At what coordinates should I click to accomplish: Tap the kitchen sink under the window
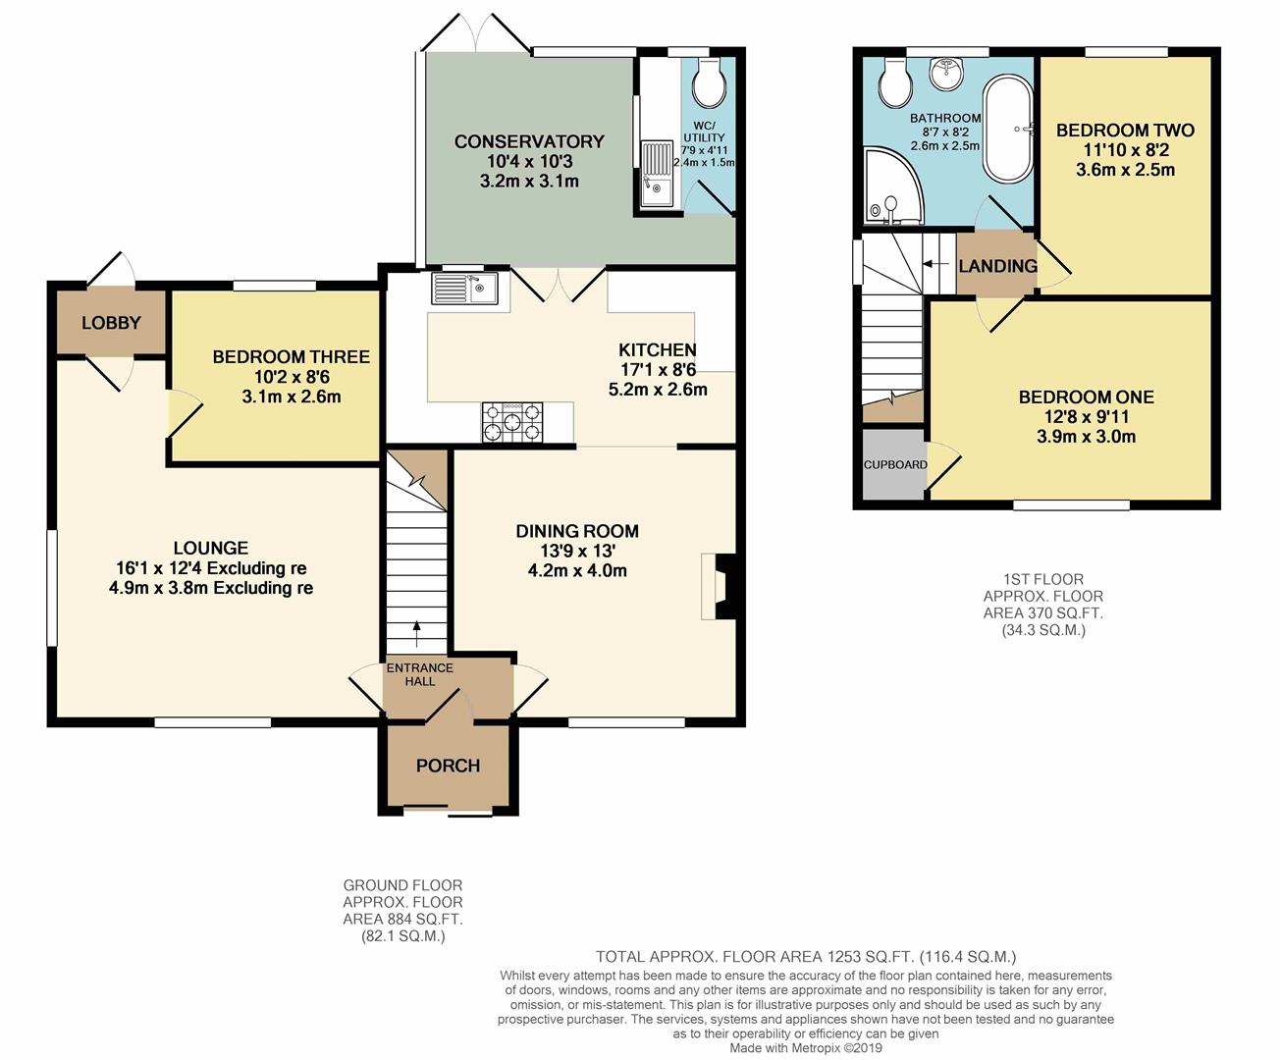point(464,289)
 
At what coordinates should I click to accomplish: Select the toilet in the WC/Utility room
point(708,82)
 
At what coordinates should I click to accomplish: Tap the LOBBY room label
point(111,323)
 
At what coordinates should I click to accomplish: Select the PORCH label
point(448,766)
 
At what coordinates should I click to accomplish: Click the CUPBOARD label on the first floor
point(894,464)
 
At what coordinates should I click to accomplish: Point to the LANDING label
point(997,266)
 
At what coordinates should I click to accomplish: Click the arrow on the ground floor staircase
point(416,633)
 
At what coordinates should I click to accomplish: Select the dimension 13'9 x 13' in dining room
point(577,551)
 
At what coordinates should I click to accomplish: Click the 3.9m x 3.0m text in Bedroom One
point(1086,437)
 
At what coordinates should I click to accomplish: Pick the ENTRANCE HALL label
point(419,674)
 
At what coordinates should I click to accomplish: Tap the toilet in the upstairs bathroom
point(894,82)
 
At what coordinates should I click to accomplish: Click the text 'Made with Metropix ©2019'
point(805,1048)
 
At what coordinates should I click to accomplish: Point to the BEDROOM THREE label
point(291,357)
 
